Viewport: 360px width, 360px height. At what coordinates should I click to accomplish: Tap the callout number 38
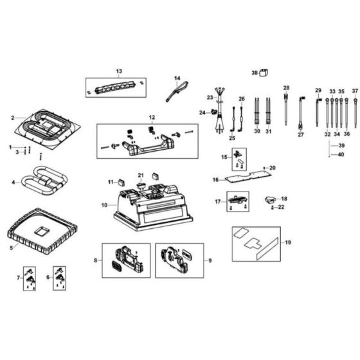coord(255,73)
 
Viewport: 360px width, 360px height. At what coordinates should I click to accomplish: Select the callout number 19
coord(288,243)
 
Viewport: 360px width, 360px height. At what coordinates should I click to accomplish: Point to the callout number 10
coord(104,204)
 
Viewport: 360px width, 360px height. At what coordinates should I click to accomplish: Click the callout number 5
coord(11,247)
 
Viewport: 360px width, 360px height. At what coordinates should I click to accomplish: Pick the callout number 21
coord(141,175)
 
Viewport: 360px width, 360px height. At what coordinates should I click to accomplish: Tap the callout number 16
coord(216,180)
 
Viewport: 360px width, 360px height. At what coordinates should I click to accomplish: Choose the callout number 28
coord(287,87)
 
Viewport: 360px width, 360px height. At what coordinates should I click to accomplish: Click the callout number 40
coord(341,154)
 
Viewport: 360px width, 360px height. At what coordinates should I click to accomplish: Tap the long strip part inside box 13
coord(116,85)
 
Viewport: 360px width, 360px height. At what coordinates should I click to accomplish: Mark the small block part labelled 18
coord(269,202)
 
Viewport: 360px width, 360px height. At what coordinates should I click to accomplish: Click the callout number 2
coord(12,118)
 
